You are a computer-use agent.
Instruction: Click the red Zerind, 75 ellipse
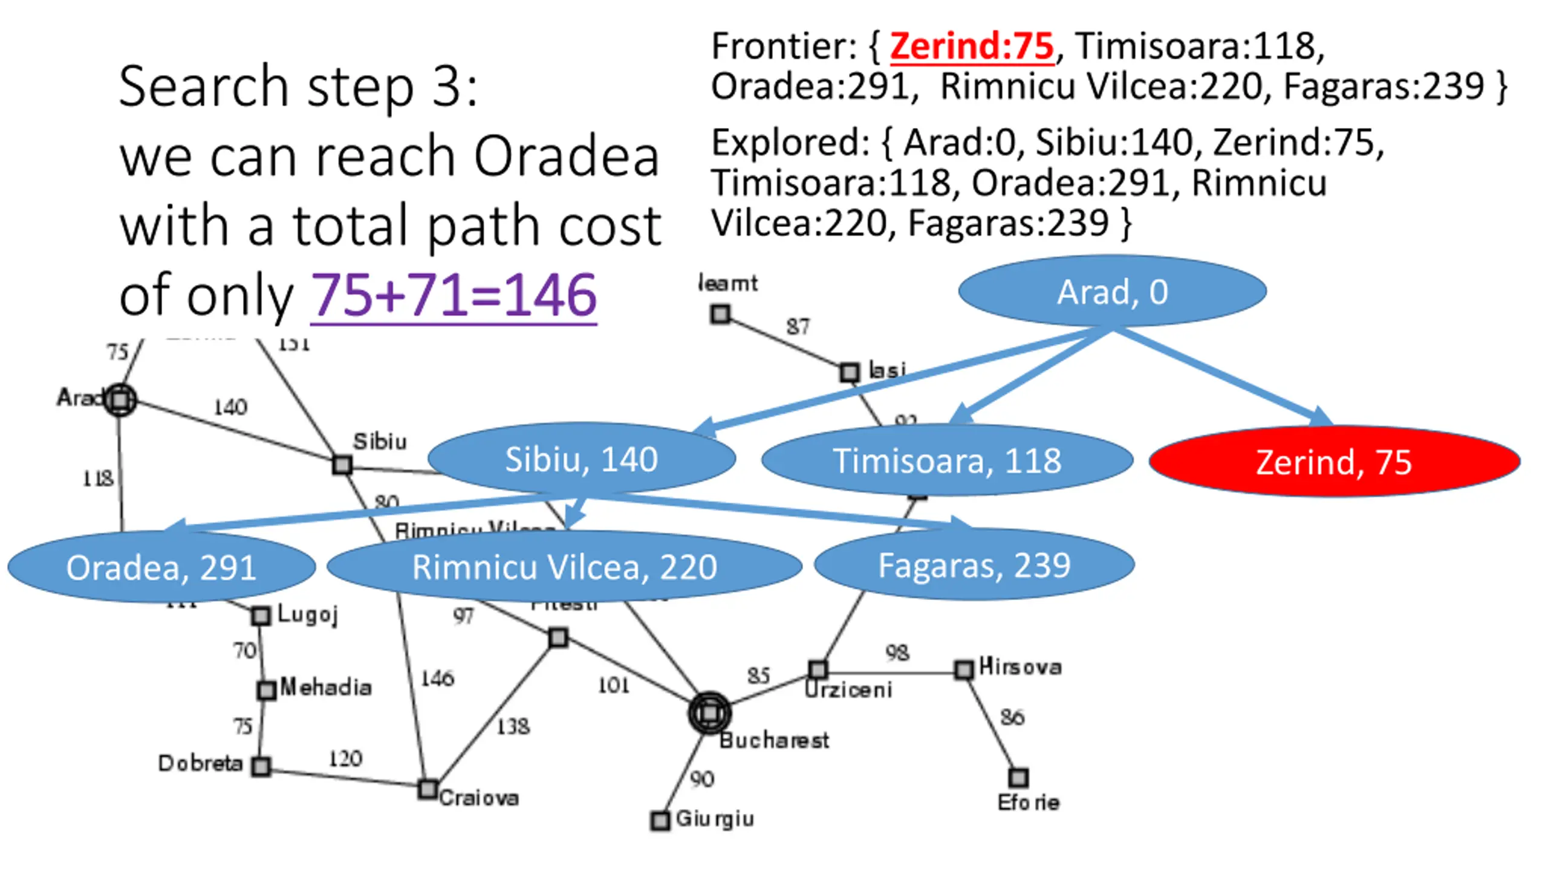pyautogui.click(x=1334, y=462)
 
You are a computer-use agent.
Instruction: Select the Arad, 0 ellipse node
pyautogui.click(x=1112, y=292)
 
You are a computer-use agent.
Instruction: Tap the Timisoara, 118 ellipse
pyautogui.click(x=947, y=460)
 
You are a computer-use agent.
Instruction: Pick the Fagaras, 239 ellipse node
pyautogui.click(x=974, y=565)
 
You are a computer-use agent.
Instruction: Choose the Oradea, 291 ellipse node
pyautogui.click(x=161, y=567)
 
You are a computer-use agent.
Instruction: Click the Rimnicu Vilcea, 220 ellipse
pyautogui.click(x=564, y=567)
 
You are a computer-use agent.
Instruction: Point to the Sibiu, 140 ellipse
pyautogui.click(x=581, y=459)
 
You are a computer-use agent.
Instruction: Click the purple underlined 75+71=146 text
pyautogui.click(x=454, y=295)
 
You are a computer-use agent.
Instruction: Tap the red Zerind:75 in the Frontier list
pyautogui.click(x=972, y=46)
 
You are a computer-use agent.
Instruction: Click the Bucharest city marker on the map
pyautogui.click(x=709, y=713)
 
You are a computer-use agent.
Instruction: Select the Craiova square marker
pyautogui.click(x=428, y=789)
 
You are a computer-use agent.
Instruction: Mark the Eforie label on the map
pyautogui.click(x=1028, y=802)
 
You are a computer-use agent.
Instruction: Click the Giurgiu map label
pyautogui.click(x=715, y=819)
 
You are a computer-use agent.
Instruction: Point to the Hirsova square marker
pyautogui.click(x=964, y=670)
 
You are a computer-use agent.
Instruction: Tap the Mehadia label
pyautogui.click(x=326, y=688)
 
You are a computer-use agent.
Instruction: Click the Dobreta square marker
pyautogui.click(x=261, y=767)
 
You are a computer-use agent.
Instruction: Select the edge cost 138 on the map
pyautogui.click(x=513, y=726)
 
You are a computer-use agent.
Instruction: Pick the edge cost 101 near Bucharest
pyautogui.click(x=613, y=685)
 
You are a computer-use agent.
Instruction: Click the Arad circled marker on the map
pyautogui.click(x=120, y=399)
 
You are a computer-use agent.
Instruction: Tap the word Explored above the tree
pyautogui.click(x=790, y=143)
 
